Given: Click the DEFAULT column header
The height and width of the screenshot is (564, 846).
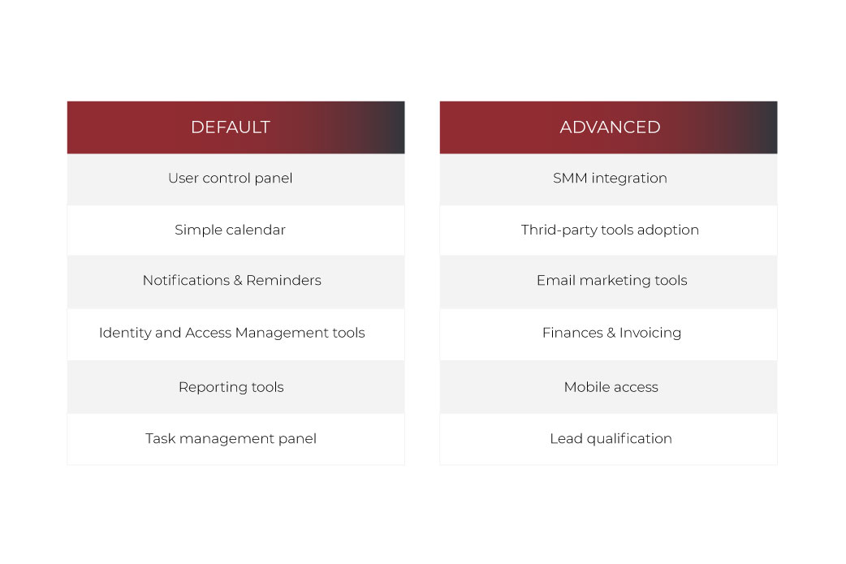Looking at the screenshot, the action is [x=235, y=127].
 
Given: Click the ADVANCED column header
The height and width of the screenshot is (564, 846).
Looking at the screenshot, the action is [x=609, y=127].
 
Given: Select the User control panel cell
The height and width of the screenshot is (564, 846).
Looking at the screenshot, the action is [x=235, y=179].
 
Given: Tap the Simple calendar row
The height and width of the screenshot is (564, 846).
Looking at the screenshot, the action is [x=235, y=230].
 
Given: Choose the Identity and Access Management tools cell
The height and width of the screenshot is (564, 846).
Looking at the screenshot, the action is [x=235, y=334].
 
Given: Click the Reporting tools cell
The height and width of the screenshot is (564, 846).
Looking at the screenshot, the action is [x=235, y=387].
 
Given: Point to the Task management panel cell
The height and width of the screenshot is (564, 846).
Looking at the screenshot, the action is [x=235, y=439].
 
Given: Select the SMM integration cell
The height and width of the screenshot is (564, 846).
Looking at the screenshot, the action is [x=609, y=179].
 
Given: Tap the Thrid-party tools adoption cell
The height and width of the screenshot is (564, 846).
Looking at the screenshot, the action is [x=609, y=230].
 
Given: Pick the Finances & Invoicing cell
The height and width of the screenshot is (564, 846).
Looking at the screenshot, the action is [x=609, y=334].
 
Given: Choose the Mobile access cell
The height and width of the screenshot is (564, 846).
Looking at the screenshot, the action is [x=609, y=387].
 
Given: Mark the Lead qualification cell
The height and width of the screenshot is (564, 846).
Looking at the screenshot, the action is [x=609, y=439].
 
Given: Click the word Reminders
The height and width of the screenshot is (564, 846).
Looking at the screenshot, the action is [x=284, y=281].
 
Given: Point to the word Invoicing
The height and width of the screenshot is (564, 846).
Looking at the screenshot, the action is [x=650, y=334].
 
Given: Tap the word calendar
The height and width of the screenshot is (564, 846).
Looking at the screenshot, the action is [x=256, y=230].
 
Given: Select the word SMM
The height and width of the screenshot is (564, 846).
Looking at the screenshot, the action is [x=570, y=178].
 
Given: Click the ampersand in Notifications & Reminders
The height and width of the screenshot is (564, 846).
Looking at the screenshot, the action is [x=238, y=281].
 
